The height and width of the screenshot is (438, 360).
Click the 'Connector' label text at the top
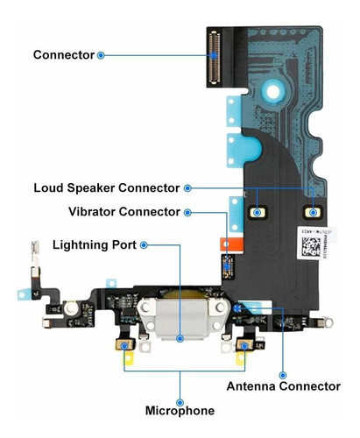point(64,55)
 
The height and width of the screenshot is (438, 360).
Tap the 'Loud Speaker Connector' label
point(107,188)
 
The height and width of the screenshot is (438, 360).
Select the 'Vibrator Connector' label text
point(124,212)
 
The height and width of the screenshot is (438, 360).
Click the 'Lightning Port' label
point(95,245)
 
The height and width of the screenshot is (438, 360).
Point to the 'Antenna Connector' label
point(284,386)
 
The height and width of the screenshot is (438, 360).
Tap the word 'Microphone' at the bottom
point(180,411)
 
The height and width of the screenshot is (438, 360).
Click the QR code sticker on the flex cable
point(312,246)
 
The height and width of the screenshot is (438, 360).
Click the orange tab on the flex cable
point(231,244)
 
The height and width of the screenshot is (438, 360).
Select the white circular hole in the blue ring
point(273,92)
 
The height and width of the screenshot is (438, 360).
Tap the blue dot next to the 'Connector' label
point(101,55)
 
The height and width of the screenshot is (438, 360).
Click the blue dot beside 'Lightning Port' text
point(144,245)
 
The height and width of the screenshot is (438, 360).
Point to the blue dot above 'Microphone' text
point(180,402)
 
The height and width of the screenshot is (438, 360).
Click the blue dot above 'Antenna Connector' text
point(283,375)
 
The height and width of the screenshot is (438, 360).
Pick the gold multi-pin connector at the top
point(215,57)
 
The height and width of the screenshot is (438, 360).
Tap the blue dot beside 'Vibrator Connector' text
point(187,213)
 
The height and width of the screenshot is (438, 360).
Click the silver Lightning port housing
point(180,318)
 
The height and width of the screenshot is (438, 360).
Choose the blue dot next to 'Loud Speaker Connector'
point(187,188)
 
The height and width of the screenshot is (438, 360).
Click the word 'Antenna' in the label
point(251,386)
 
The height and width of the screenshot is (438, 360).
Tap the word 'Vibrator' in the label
point(92,212)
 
